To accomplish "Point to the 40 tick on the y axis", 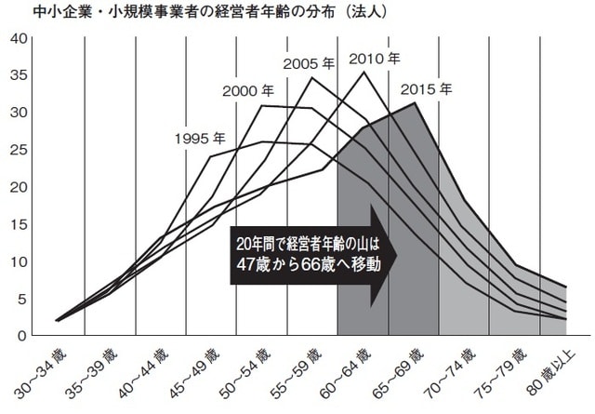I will point(17,38).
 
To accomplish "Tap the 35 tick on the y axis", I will point(17,75).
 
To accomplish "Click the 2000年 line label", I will point(248,91).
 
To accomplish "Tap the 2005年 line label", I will point(308,63).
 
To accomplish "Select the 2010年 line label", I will point(375,59).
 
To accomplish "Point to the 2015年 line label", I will point(427,90).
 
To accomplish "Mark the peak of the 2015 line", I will point(414,102).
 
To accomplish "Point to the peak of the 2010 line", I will point(364,71).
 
